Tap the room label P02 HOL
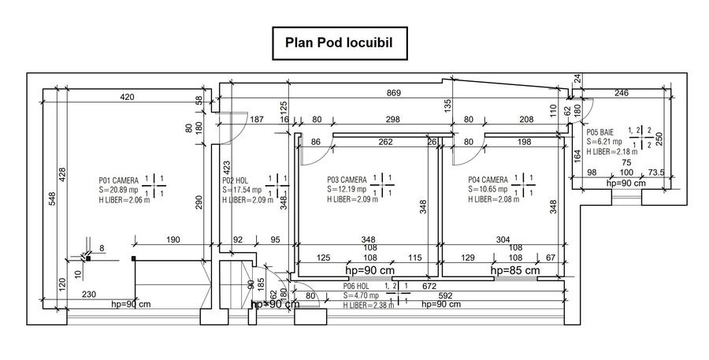click(x=236, y=180)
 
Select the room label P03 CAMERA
click(x=347, y=180)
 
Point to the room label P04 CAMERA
click(x=488, y=180)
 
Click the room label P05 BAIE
click(x=601, y=133)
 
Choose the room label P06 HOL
click(x=356, y=287)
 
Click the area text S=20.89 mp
click(x=119, y=190)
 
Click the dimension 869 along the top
click(x=394, y=94)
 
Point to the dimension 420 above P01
click(x=127, y=97)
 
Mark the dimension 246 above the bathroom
click(x=621, y=94)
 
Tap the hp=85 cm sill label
click(x=515, y=270)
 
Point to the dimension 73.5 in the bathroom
click(x=656, y=173)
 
